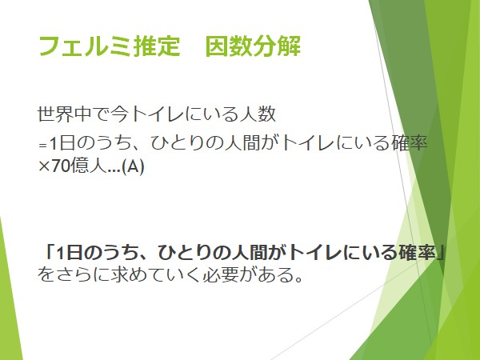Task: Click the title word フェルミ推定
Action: tap(110, 46)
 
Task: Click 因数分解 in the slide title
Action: tap(253, 46)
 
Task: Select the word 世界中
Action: tap(64, 114)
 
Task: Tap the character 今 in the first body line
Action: tap(119, 114)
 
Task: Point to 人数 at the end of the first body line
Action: tap(258, 114)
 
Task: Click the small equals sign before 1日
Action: tap(43, 146)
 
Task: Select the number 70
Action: tap(60, 166)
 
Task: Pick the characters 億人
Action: tap(89, 166)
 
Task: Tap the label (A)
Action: tap(133, 166)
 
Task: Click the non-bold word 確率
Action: tap(410, 143)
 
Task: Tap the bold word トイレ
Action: tap(315, 253)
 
